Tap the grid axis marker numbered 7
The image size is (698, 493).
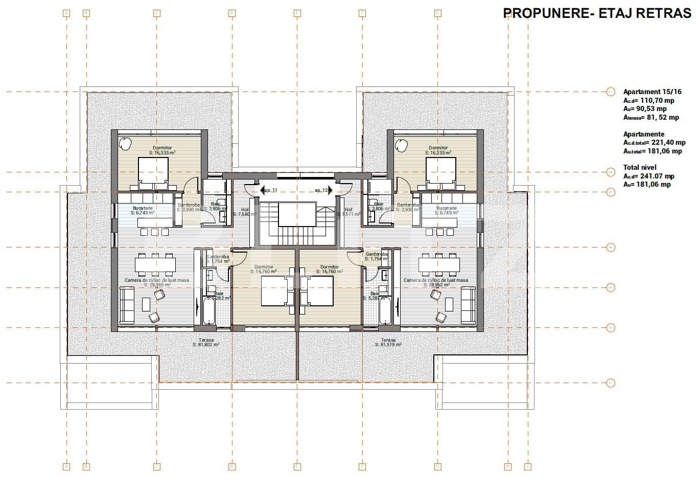[x=611, y=92]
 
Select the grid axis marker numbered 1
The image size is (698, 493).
[x=611, y=383]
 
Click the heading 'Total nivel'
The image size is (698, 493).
[x=640, y=167]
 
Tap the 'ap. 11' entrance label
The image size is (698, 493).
[x=270, y=190]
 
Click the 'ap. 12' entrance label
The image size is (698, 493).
[x=321, y=190]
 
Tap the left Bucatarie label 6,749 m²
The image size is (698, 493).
[x=143, y=211]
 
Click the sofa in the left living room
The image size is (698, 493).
[x=127, y=305]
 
